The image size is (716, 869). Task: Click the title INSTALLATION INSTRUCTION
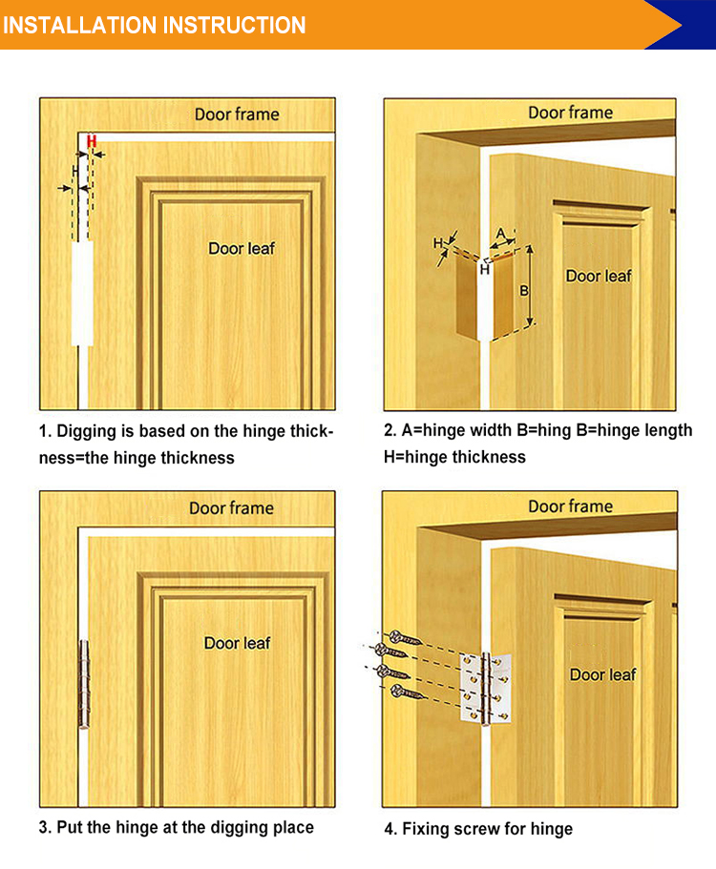[x=154, y=25]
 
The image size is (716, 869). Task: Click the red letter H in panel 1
[x=92, y=141]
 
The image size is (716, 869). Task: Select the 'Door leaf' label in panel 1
[x=242, y=248]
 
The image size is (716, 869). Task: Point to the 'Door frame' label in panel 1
[x=237, y=114]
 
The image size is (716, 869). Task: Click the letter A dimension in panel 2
[x=500, y=233]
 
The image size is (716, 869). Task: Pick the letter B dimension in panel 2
[x=523, y=290]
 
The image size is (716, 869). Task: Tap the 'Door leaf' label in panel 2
[x=599, y=276]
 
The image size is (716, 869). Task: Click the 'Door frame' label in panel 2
[x=570, y=113]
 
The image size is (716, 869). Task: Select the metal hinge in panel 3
[x=82, y=683]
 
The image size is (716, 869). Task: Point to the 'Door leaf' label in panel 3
[x=237, y=643]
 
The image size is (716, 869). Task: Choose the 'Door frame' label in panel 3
[x=231, y=507]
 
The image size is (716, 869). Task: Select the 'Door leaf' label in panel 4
[x=602, y=674]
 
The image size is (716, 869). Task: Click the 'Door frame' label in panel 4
[x=570, y=507]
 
